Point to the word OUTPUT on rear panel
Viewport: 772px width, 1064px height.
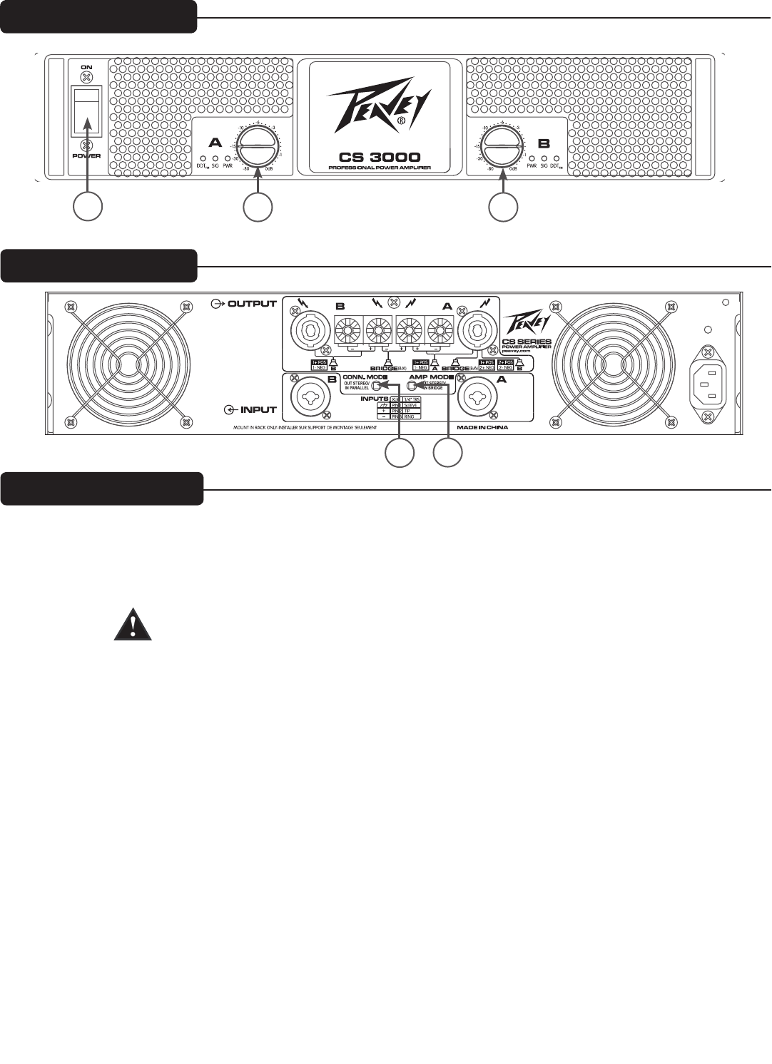click(x=251, y=304)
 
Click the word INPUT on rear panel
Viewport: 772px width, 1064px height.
click(x=258, y=410)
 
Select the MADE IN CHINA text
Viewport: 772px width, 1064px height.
click(x=482, y=429)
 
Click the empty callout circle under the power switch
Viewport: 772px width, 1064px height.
click(x=88, y=206)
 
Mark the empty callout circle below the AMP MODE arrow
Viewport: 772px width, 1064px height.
click(x=448, y=454)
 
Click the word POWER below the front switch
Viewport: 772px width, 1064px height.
click(x=86, y=155)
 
